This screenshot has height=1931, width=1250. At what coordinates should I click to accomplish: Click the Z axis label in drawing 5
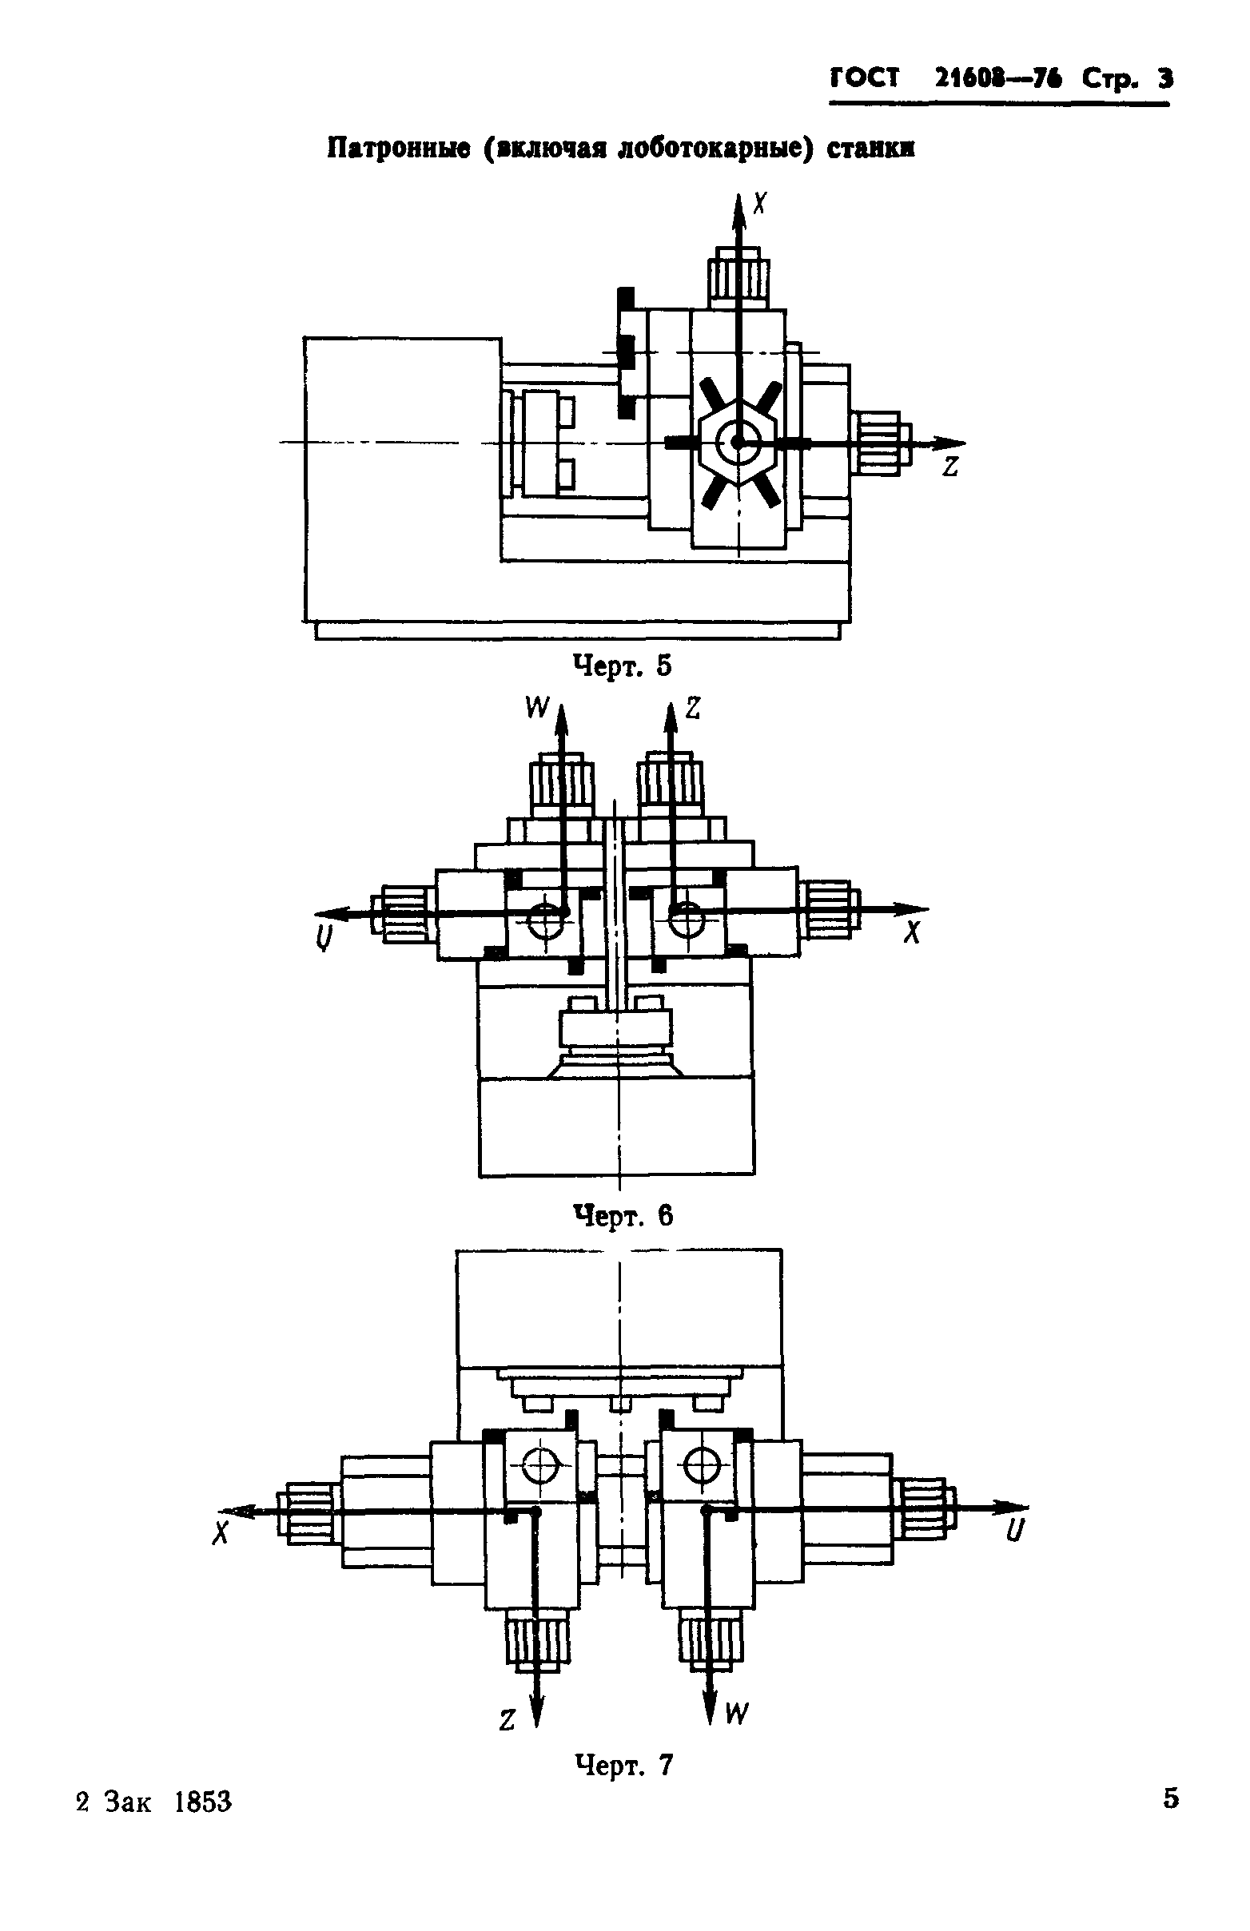tap(950, 467)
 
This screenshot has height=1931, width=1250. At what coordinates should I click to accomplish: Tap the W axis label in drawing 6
tap(537, 709)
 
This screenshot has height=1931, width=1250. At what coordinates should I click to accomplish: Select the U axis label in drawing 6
tap(323, 938)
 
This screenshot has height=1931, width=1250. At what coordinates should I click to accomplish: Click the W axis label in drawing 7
tap(735, 1714)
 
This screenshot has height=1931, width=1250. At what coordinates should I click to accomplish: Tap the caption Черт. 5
tap(623, 666)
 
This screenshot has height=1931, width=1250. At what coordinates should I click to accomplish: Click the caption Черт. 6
tap(623, 1215)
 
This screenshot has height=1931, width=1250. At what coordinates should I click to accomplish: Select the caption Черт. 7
tap(623, 1765)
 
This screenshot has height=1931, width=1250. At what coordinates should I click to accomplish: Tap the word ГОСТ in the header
tap(865, 79)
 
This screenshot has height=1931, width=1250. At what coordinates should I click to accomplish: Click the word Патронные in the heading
tap(399, 149)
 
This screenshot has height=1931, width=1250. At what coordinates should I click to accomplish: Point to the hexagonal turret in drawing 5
tap(738, 443)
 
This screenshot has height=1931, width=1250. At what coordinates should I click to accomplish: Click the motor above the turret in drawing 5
tap(737, 278)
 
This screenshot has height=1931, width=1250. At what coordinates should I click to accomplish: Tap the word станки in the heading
tap(870, 149)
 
